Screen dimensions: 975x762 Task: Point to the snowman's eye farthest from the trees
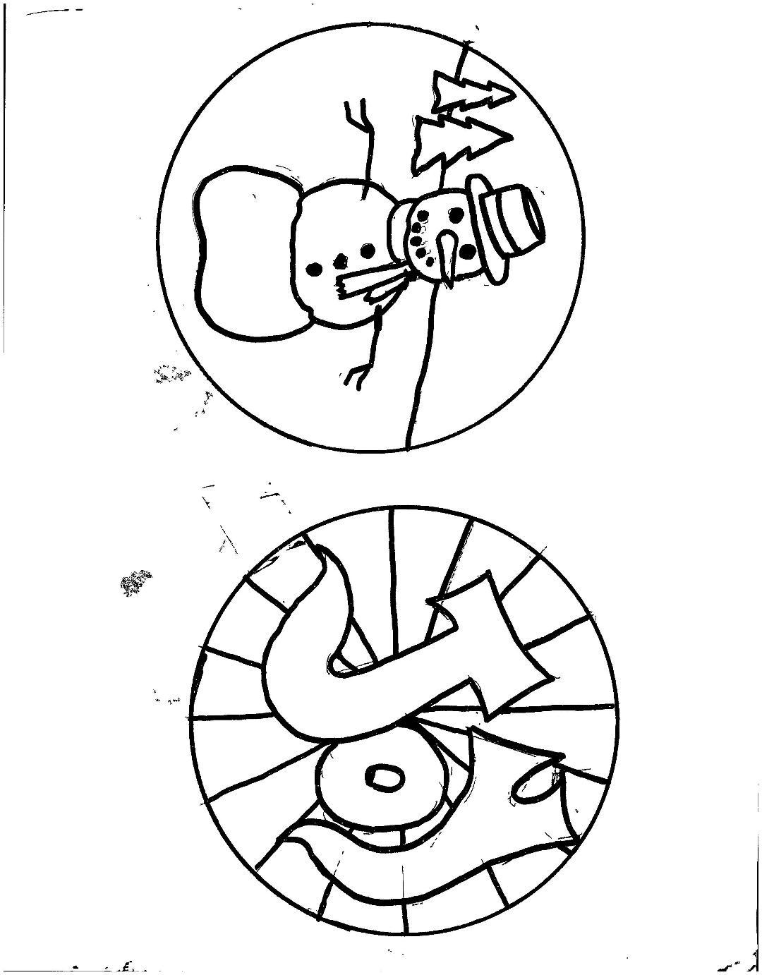(x=467, y=249)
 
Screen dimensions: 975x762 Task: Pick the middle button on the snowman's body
(x=341, y=262)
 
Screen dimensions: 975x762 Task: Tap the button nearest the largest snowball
(x=314, y=269)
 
